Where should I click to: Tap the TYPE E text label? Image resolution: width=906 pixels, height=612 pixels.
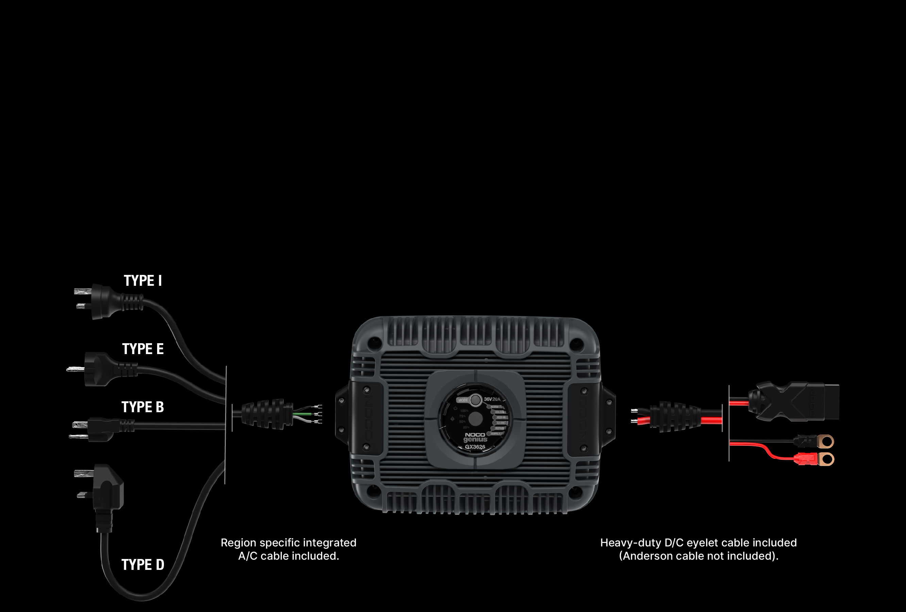pyautogui.click(x=143, y=349)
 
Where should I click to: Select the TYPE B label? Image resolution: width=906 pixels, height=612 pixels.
pyautogui.click(x=143, y=407)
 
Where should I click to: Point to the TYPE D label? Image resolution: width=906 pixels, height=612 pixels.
pyautogui.click(x=143, y=565)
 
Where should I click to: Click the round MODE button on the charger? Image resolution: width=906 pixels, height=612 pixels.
pyautogui.click(x=475, y=400)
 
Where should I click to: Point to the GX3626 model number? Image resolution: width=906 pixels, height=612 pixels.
pyautogui.click(x=475, y=447)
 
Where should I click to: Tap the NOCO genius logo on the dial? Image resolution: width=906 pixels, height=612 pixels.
pyautogui.click(x=475, y=437)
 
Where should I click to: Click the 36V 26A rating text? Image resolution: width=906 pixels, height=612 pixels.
pyautogui.click(x=492, y=399)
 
